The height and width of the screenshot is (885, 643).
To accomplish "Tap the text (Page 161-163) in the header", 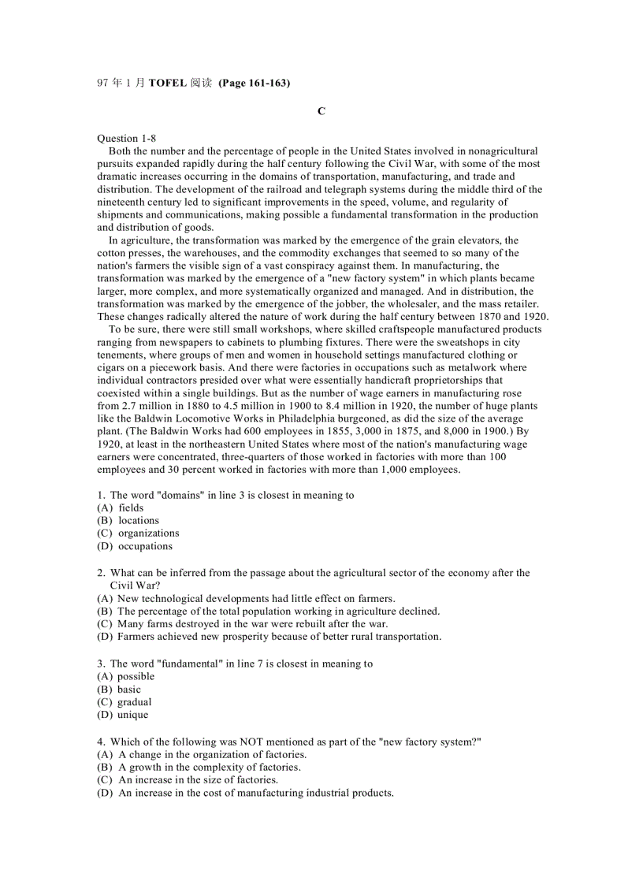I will coord(254,83).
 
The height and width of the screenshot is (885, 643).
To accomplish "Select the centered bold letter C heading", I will coord(321,111).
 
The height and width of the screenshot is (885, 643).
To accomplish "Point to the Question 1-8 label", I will coord(126,138).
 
